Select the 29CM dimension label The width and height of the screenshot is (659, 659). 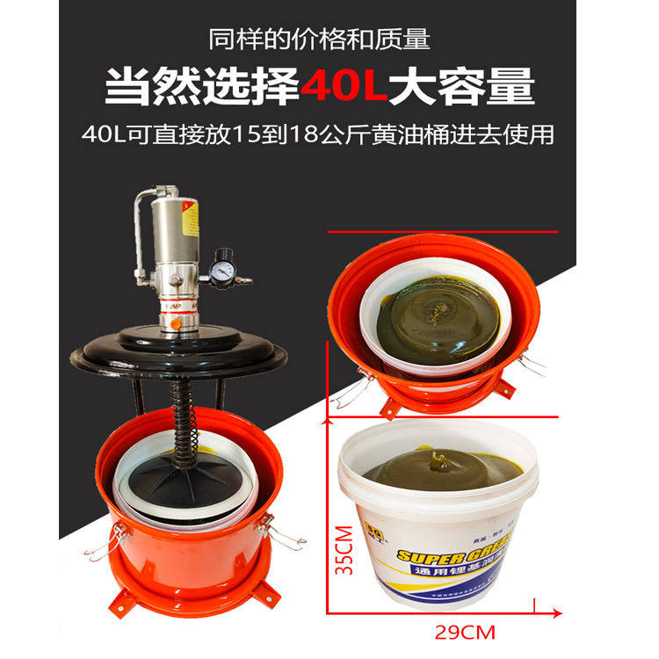coord(466,631)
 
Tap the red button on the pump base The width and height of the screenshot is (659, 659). coord(177,323)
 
